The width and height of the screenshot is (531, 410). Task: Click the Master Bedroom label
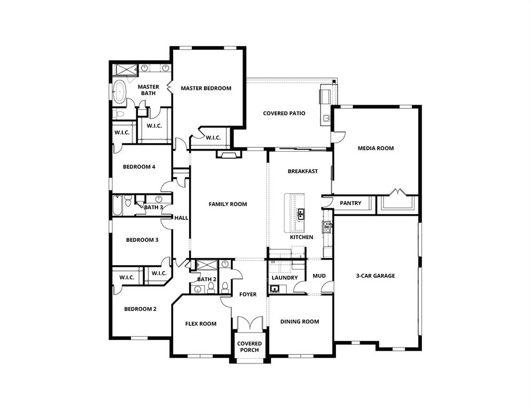click(206, 88)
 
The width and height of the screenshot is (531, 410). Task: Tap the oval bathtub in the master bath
click(119, 92)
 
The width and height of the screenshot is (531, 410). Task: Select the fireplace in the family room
click(229, 155)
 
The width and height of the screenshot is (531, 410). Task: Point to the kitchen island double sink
click(301, 214)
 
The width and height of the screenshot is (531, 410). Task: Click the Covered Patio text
click(284, 113)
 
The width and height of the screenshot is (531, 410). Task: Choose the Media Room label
click(376, 148)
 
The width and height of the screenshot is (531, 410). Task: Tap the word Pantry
click(350, 203)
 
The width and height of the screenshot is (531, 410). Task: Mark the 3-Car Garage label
click(376, 276)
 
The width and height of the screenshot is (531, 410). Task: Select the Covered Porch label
click(249, 346)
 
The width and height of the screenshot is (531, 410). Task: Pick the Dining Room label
click(300, 321)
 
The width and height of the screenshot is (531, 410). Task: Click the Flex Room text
click(200, 324)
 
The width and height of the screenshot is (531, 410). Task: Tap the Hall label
click(181, 218)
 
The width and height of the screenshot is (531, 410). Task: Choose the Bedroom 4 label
click(139, 167)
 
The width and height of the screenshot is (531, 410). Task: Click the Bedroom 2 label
click(140, 309)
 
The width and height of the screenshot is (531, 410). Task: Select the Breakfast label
click(303, 171)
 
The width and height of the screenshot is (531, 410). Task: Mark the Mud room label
click(319, 276)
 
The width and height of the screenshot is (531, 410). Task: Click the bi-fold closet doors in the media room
click(397, 192)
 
